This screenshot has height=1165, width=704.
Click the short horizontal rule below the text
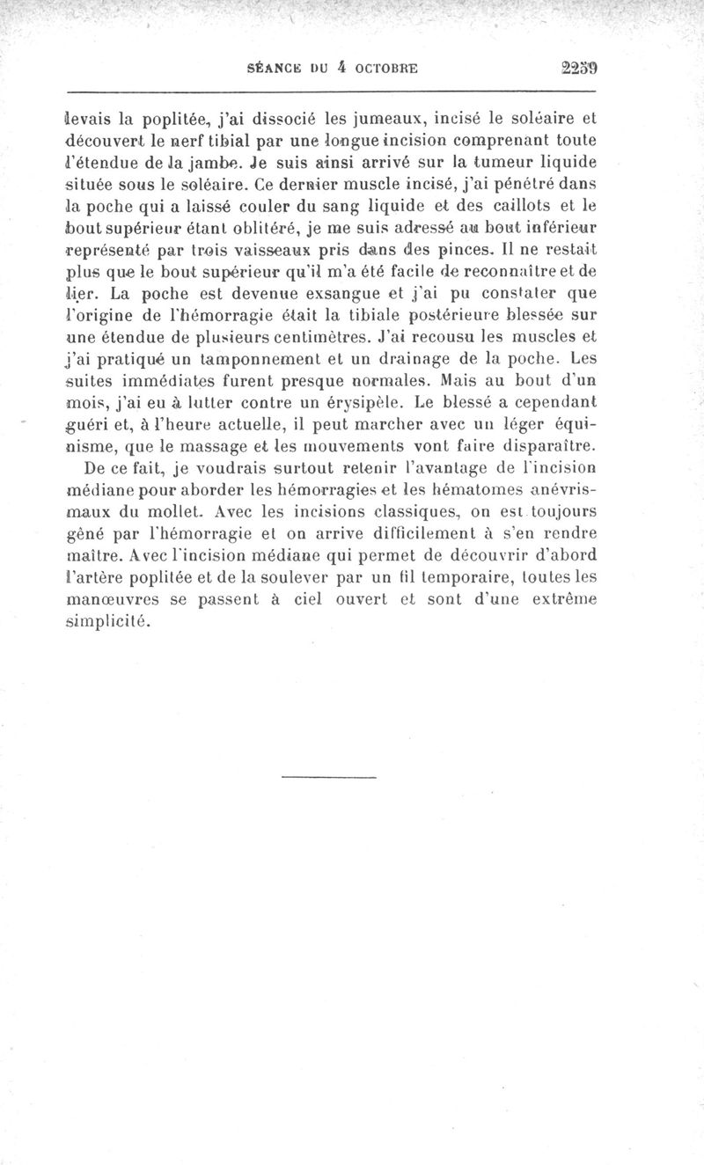(329, 777)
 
